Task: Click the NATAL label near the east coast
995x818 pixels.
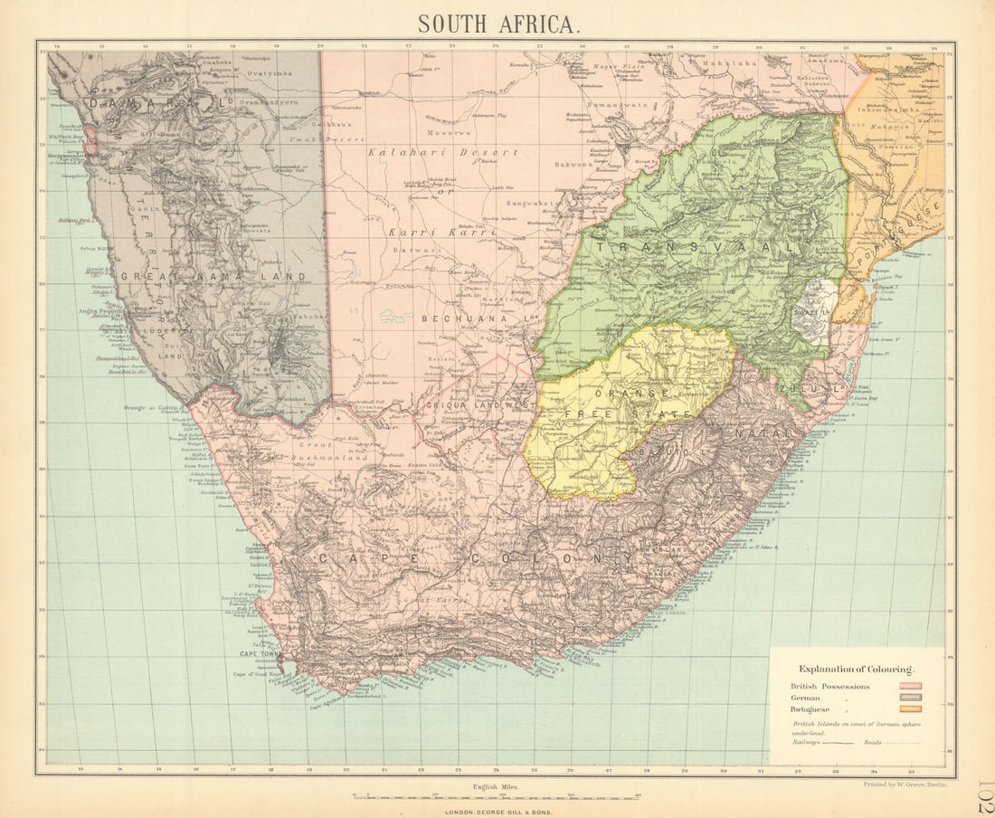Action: click(757, 433)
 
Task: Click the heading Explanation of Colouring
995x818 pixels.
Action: click(855, 668)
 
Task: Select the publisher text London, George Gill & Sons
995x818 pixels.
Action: click(497, 812)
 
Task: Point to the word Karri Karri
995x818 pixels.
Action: click(442, 232)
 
